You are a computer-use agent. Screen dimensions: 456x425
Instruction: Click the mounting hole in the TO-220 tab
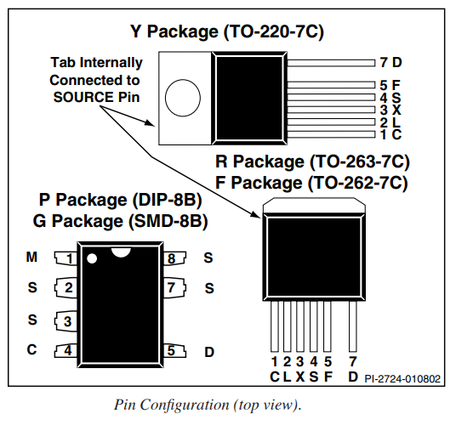[x=183, y=98]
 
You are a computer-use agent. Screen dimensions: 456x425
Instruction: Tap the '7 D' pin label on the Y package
[x=390, y=62]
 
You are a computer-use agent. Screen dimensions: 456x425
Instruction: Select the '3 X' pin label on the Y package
[x=390, y=110]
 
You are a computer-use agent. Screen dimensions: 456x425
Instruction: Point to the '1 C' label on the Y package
[x=390, y=134]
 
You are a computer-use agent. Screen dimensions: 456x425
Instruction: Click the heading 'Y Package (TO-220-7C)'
[x=227, y=31]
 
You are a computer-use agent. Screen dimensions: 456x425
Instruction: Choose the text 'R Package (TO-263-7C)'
[x=312, y=161]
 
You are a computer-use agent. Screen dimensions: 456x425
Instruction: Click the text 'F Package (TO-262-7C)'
[x=311, y=183]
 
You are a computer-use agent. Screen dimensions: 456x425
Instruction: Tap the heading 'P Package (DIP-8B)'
[x=121, y=200]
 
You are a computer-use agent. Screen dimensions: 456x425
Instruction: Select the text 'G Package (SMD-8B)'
[x=121, y=221]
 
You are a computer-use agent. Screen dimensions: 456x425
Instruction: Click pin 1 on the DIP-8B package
[x=66, y=258]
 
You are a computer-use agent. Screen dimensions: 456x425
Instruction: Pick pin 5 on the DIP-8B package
[x=174, y=351]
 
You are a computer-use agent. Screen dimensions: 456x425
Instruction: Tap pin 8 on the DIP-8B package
[x=174, y=258]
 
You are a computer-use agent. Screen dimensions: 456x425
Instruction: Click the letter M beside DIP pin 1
[x=31, y=257]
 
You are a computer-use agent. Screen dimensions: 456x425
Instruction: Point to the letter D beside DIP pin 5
[x=209, y=352]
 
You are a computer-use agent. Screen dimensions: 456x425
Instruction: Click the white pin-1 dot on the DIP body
[x=92, y=258]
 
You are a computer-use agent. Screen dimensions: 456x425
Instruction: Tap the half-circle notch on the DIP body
[x=121, y=252]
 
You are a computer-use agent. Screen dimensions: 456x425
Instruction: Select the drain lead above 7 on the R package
[x=353, y=326]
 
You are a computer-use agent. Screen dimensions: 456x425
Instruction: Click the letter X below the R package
[x=300, y=377]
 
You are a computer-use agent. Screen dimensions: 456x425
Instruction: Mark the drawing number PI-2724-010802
[x=402, y=379]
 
